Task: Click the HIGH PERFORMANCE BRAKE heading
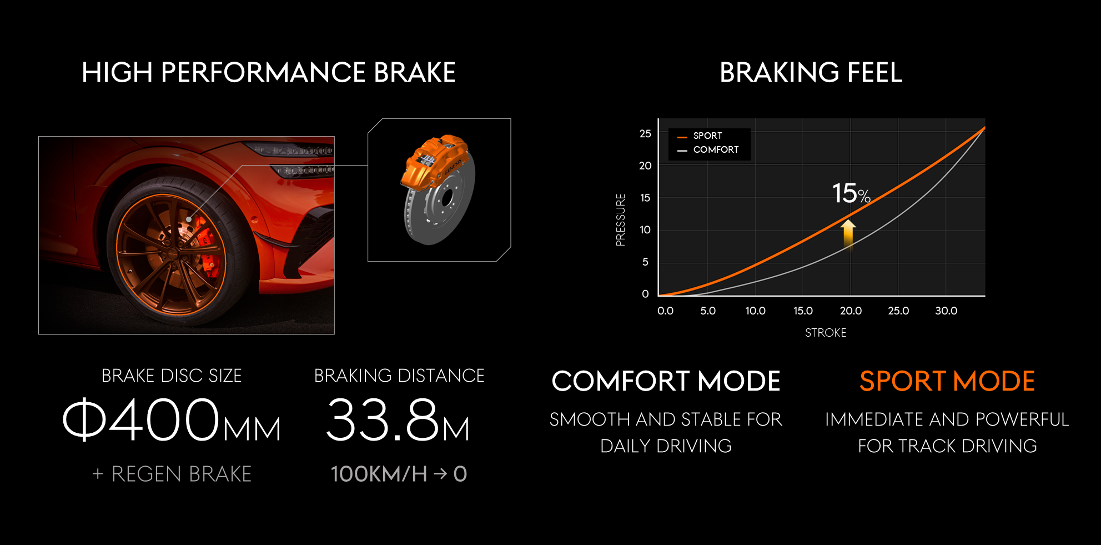point(269,73)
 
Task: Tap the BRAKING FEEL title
point(811,73)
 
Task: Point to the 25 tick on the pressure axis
point(645,134)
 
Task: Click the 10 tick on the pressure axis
point(645,230)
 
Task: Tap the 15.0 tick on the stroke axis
point(803,311)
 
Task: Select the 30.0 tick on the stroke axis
point(946,311)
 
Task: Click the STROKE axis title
point(826,333)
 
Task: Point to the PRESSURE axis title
point(621,219)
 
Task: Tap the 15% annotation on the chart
point(851,193)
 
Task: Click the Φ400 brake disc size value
point(142,419)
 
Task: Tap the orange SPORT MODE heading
point(947,382)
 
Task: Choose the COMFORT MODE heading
point(666,382)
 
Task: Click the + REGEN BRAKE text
point(172,474)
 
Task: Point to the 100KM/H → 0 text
point(399,474)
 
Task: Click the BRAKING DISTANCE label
point(399,376)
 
